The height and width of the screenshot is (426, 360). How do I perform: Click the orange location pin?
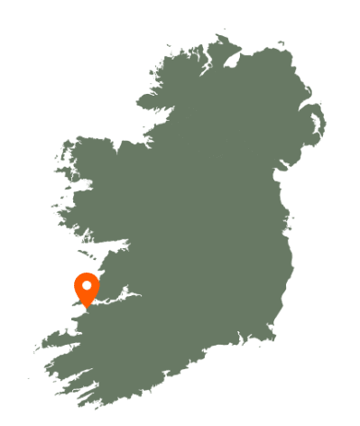tap(87, 289)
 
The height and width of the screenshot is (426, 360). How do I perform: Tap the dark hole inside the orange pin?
tap(87, 285)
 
